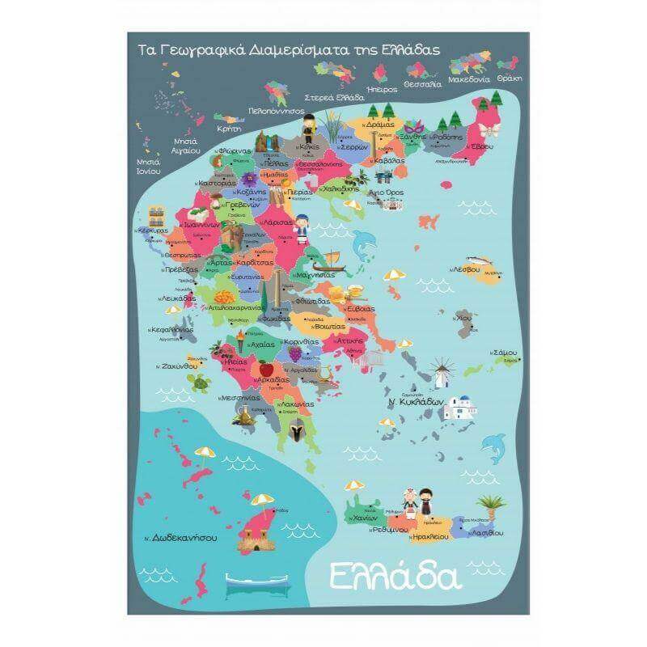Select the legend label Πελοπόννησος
(276, 110)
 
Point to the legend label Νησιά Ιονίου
(147, 167)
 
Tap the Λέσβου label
(467, 269)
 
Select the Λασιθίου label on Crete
(486, 534)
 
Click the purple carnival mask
(414, 128)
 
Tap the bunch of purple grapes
(296, 353)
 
